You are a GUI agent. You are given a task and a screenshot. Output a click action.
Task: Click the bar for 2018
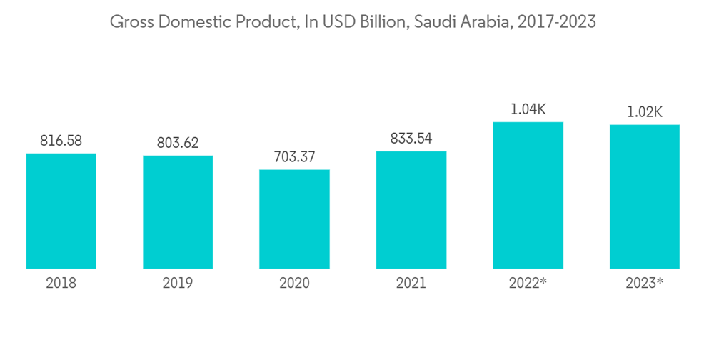pos(61,211)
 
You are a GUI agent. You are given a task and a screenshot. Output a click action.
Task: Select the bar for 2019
pos(178,212)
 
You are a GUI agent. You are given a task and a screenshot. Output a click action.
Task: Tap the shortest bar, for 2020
pos(294,219)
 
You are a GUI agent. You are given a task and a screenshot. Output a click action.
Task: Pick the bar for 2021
pos(411,210)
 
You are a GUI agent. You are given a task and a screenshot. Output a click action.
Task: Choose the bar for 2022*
pos(528,195)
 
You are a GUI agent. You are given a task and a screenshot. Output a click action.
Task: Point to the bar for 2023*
pos(644,196)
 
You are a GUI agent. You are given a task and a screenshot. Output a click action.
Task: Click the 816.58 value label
pos(61,141)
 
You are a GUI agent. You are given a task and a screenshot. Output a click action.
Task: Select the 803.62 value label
pos(178,143)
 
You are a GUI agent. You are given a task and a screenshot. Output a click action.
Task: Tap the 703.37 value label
pos(294,157)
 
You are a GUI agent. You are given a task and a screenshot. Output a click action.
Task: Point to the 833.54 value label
pos(411,139)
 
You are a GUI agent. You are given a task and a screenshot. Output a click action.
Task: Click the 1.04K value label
pos(528,109)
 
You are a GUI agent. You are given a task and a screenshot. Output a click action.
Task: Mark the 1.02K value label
pos(644,112)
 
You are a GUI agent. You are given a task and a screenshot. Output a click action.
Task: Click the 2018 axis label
pos(61,283)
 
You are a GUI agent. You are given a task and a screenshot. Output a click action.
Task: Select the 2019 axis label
pos(178,283)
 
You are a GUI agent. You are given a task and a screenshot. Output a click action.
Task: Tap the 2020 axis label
pos(294,283)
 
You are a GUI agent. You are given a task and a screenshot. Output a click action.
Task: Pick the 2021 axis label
pos(411,283)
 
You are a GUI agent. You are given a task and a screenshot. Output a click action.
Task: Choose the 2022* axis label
pos(528,283)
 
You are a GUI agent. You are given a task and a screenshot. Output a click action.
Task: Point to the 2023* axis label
pos(644,283)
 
